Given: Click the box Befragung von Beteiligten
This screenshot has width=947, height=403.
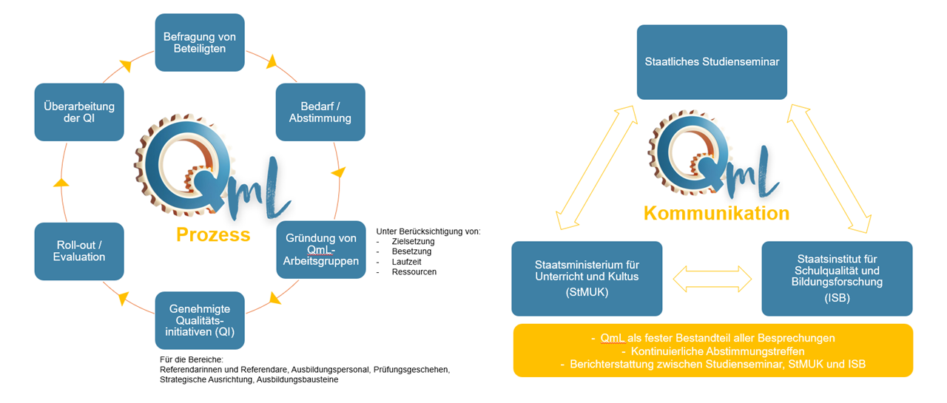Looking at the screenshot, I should pyautogui.click(x=200, y=42).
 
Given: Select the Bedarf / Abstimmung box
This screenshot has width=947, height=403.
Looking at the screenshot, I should pyautogui.click(x=320, y=112).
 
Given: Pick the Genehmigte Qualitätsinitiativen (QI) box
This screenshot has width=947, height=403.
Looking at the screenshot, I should pyautogui.click(x=200, y=319).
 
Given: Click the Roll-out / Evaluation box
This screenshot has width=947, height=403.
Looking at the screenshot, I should pyautogui.click(x=79, y=251).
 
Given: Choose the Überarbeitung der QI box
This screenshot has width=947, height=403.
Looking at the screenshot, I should pyautogui.click(x=79, y=112).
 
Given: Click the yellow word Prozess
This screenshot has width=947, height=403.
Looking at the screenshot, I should pyautogui.click(x=213, y=235).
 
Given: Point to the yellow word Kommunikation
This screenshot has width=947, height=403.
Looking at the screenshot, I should pyautogui.click(x=716, y=214).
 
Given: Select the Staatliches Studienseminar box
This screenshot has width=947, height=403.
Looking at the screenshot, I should pyautogui.click(x=712, y=62).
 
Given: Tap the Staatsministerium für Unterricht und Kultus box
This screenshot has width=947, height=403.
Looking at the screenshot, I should pyautogui.click(x=587, y=278).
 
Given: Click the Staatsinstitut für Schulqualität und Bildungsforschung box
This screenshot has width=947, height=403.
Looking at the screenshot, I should pyautogui.click(x=837, y=278).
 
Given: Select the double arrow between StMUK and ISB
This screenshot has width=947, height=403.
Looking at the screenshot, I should pyautogui.click(x=712, y=279).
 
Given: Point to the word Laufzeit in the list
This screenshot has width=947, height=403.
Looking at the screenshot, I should pyautogui.click(x=408, y=262).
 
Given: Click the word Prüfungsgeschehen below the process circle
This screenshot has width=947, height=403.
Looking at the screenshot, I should pyautogui.click(x=412, y=368).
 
